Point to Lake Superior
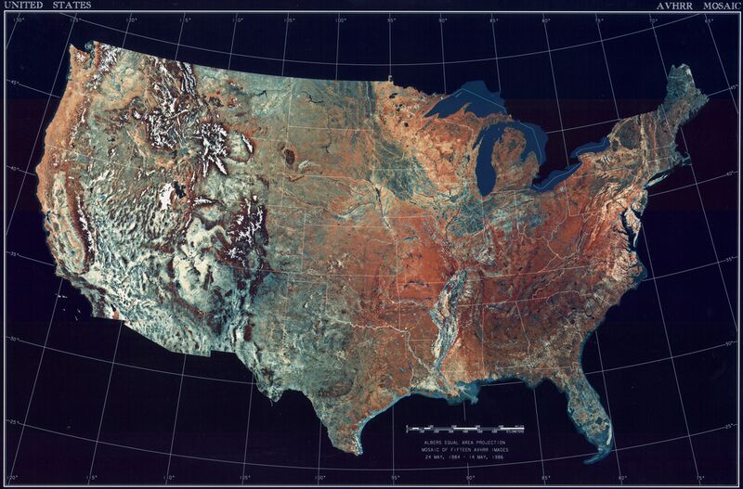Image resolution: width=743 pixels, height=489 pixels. pyautogui.click(x=460, y=102)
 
